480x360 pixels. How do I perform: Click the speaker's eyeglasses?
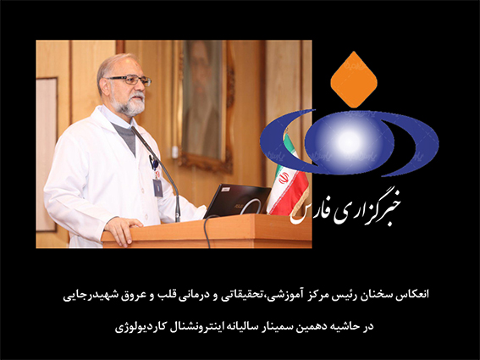(x=130, y=80)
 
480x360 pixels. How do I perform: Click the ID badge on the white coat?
(x=157, y=187)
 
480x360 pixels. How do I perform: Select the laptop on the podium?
(x=237, y=201)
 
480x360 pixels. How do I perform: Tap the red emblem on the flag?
(x=284, y=177)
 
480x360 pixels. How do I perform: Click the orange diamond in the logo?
(x=354, y=80)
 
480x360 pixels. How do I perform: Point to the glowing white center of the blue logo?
(x=349, y=141)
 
